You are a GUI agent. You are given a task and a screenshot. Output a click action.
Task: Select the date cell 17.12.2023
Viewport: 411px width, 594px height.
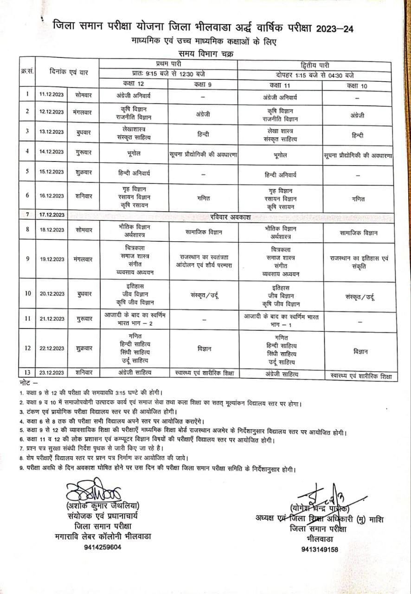(51, 215)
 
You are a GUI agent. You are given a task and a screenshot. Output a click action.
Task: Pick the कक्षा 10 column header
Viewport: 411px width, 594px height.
(359, 85)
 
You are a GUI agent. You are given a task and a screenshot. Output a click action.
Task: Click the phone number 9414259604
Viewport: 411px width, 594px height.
(103, 547)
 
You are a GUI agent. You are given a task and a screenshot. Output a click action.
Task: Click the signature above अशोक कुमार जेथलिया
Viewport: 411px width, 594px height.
(93, 491)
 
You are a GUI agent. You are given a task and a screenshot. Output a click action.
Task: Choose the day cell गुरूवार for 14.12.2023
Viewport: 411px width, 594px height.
(84, 151)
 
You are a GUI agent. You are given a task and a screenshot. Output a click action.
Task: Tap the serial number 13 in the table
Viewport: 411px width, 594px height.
(27, 372)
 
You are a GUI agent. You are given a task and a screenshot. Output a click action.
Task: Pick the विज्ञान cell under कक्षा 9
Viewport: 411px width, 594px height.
(203, 348)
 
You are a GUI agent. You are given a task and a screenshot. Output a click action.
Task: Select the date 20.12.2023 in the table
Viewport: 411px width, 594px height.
(51, 294)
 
